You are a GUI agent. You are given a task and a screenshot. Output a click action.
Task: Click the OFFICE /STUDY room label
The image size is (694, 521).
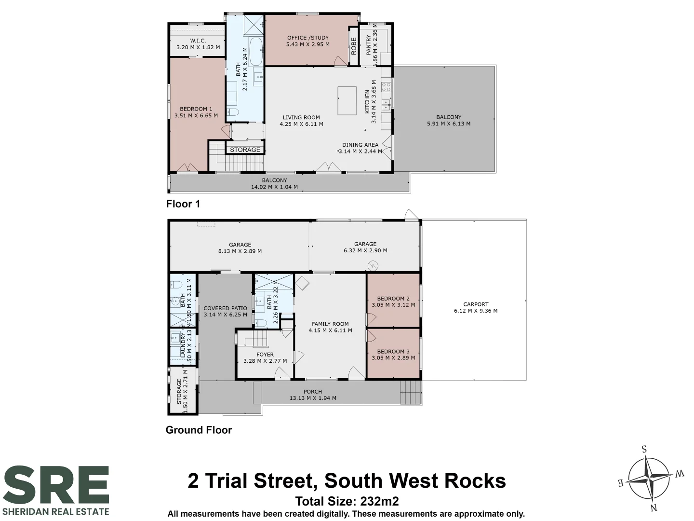tap(307, 38)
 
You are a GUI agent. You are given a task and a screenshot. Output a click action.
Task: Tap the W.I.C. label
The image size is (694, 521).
tap(198, 41)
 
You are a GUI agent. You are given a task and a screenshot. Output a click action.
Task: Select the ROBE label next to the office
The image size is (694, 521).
tap(353, 46)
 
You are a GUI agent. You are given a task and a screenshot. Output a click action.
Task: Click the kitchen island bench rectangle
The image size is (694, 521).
tap(347, 101)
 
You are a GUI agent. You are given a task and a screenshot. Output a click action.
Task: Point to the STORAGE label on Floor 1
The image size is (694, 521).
tap(245, 150)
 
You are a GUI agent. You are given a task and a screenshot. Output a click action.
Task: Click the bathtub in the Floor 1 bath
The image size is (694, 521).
tap(256, 52)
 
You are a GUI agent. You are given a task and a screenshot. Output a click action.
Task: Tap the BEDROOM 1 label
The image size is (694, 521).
tap(196, 109)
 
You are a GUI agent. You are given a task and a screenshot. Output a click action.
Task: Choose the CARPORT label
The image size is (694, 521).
tap(476, 304)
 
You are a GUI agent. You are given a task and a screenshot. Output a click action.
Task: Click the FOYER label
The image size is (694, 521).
tap(265, 355)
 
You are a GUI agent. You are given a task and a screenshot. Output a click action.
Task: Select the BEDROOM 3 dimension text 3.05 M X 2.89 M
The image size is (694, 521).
tap(393, 358)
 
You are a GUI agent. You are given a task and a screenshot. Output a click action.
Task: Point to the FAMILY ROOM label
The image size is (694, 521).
tap(330, 324)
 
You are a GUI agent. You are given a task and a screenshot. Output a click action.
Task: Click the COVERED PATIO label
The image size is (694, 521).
tap(225, 308)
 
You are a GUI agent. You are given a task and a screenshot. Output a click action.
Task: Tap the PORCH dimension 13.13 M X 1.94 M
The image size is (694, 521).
tap(313, 398)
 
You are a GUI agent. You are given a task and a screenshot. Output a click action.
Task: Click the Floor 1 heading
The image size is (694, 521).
tap(183, 204)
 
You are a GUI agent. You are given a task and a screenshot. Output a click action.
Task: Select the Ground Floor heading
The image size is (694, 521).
tap(199, 430)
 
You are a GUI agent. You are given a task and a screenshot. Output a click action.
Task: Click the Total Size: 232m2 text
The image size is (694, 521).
tap(347, 501)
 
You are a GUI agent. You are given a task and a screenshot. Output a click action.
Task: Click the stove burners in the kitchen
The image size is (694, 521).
tap(386, 87)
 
